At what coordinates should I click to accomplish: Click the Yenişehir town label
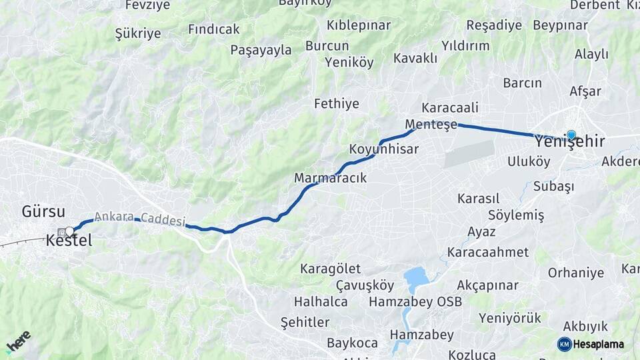[570, 142]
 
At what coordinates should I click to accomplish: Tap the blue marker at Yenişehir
[571, 135]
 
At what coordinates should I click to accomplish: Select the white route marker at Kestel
[69, 232]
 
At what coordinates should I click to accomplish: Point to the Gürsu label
[43, 213]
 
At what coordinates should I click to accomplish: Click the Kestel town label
[69, 242]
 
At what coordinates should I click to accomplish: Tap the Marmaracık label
[331, 179]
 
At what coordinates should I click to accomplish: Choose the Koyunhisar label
[384, 149]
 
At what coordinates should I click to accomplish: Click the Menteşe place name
[431, 125]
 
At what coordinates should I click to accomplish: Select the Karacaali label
[450, 108]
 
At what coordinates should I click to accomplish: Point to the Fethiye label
[337, 104]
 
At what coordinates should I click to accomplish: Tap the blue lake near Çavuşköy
[416, 276]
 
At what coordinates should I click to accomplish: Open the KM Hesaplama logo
[591, 344]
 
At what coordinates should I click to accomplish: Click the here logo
[18, 342]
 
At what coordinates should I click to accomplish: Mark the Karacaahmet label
[488, 253]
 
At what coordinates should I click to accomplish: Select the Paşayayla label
[261, 50]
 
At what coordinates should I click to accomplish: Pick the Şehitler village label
[305, 323]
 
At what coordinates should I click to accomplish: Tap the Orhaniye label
[576, 273]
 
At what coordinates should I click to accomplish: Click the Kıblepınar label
[359, 25]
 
